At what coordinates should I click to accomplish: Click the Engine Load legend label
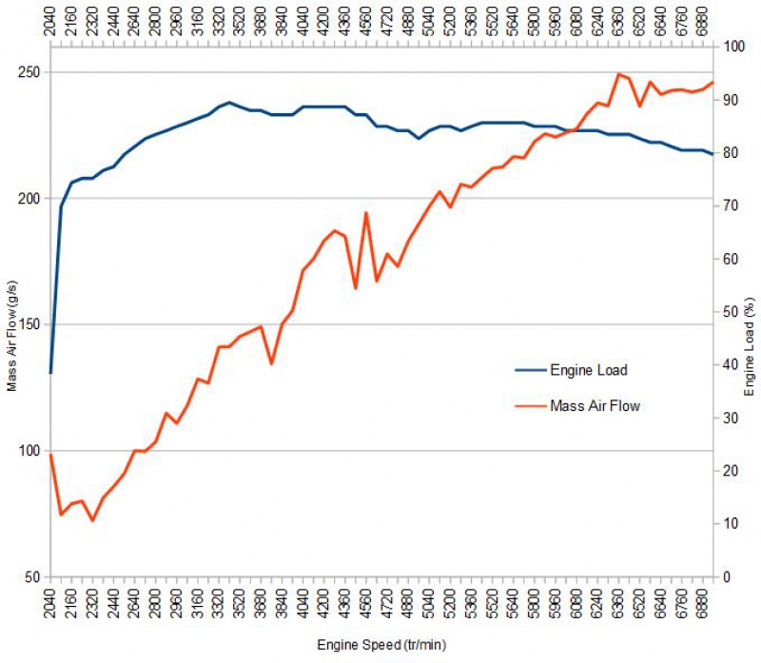(x=589, y=370)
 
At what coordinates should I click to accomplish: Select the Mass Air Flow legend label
(x=595, y=406)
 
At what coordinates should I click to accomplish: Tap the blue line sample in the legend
(x=530, y=370)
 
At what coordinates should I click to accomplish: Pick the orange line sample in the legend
(x=530, y=406)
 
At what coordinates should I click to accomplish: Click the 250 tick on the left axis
(x=29, y=73)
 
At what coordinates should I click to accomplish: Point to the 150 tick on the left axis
(x=29, y=325)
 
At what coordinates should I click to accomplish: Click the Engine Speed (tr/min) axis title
(x=381, y=644)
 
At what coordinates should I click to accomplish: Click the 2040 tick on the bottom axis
(x=51, y=604)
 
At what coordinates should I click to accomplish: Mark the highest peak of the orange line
(x=619, y=73)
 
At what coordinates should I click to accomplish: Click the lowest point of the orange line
(x=93, y=520)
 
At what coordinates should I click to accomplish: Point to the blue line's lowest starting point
(x=50, y=372)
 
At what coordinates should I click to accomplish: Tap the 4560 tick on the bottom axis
(x=366, y=604)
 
